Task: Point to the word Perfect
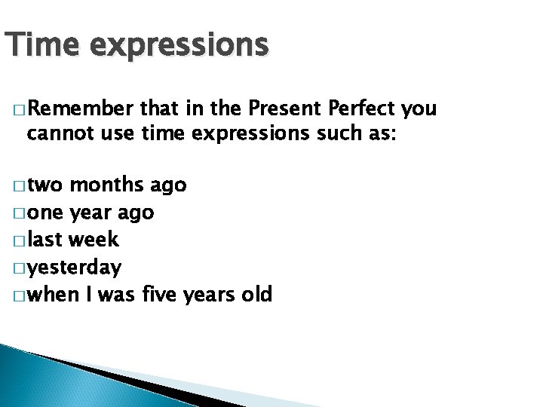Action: point(364,109)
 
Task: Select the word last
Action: point(45,240)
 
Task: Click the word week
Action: point(94,240)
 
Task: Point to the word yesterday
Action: point(74,268)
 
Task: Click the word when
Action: point(52,294)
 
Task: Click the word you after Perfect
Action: point(419,110)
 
